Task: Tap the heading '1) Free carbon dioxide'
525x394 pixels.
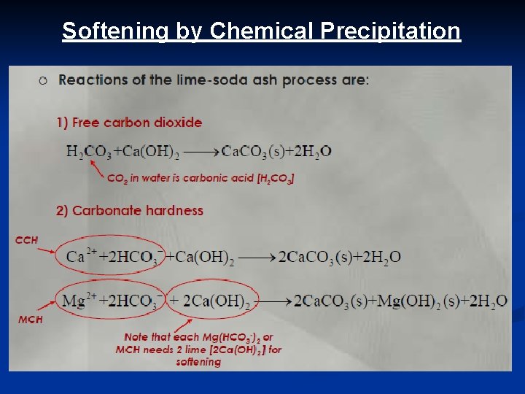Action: (129, 123)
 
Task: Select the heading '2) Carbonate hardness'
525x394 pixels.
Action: (130, 211)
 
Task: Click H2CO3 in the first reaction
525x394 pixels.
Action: (88, 152)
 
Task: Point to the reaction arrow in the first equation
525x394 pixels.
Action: (199, 152)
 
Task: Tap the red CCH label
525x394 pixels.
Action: (26, 240)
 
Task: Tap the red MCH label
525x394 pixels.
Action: (30, 320)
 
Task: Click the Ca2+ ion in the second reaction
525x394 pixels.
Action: (77, 257)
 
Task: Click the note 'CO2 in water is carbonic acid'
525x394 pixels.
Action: (201, 178)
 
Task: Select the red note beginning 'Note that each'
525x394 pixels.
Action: (199, 349)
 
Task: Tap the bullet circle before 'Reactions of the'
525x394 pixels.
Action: (44, 80)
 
